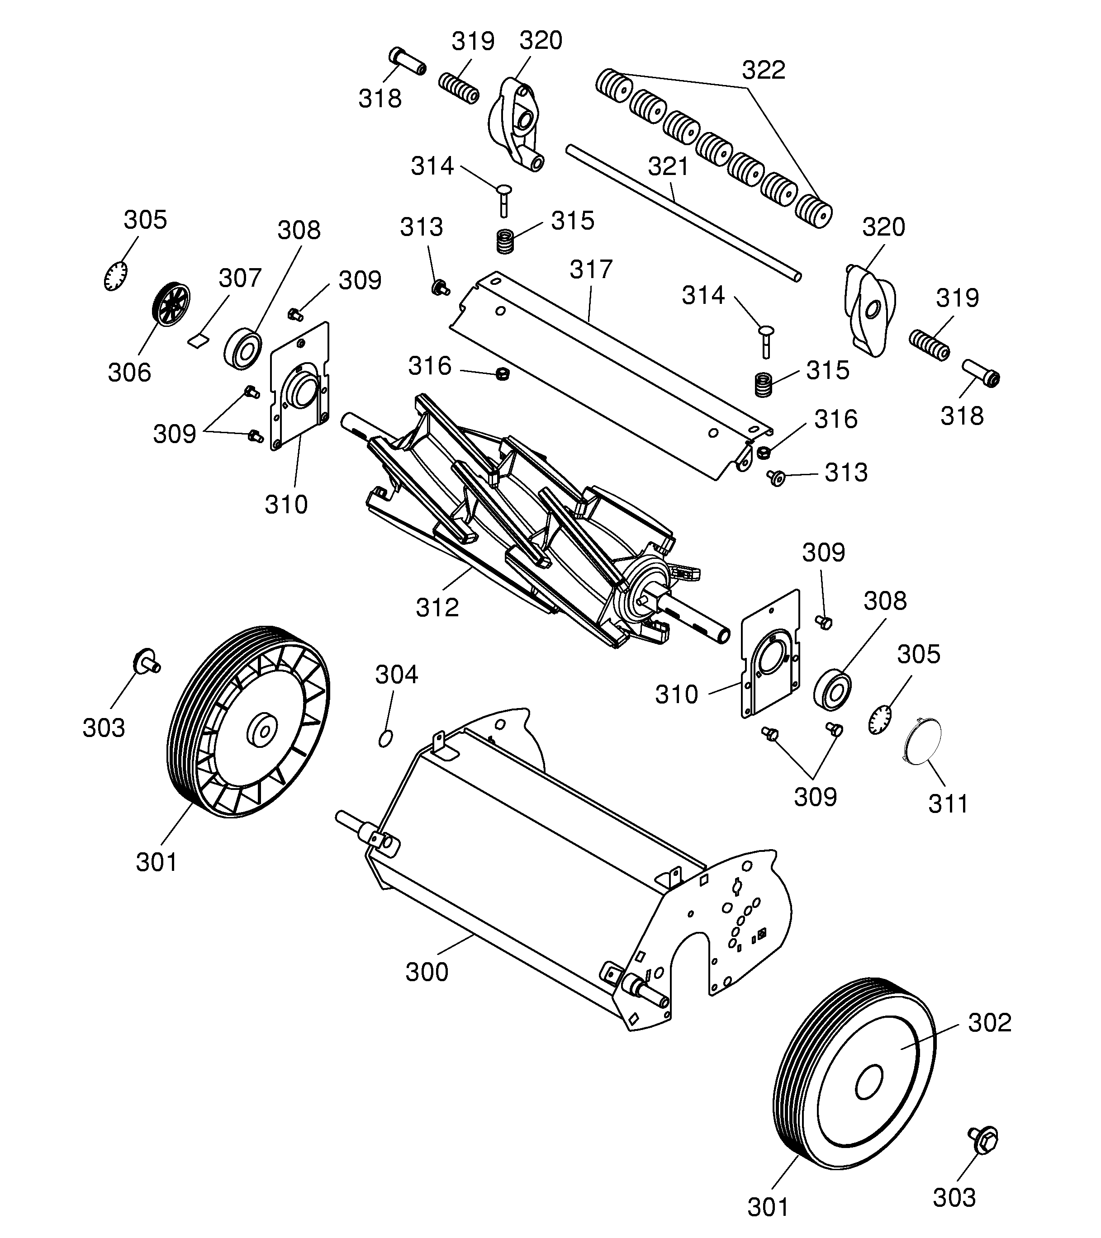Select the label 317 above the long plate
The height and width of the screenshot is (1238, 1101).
tap(591, 269)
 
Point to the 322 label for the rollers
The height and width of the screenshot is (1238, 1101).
tap(764, 70)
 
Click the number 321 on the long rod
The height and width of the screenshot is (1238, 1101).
tap(669, 166)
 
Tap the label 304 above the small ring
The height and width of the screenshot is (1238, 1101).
tap(397, 674)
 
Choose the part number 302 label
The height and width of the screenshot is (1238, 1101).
tap(990, 1022)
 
